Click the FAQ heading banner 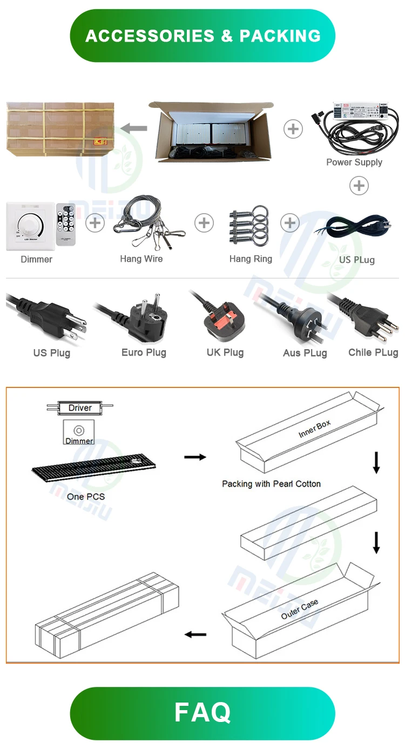pyautogui.click(x=202, y=713)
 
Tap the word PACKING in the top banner pyautogui.click(x=280, y=36)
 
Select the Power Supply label pyautogui.click(x=354, y=162)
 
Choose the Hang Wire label pyautogui.click(x=141, y=259)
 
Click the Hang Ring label pyautogui.click(x=251, y=259)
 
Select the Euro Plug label pyautogui.click(x=144, y=352)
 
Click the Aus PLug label pyautogui.click(x=305, y=353)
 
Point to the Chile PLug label pyautogui.click(x=373, y=352)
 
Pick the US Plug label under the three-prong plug pyautogui.click(x=52, y=353)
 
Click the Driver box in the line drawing pyautogui.click(x=80, y=408)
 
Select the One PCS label pyautogui.click(x=86, y=496)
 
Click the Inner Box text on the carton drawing pyautogui.click(x=314, y=429)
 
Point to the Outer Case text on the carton pyautogui.click(x=300, y=609)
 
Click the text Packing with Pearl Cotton pyautogui.click(x=271, y=484)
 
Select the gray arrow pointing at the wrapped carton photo pyautogui.click(x=134, y=128)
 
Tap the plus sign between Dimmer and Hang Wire pyautogui.click(x=95, y=223)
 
